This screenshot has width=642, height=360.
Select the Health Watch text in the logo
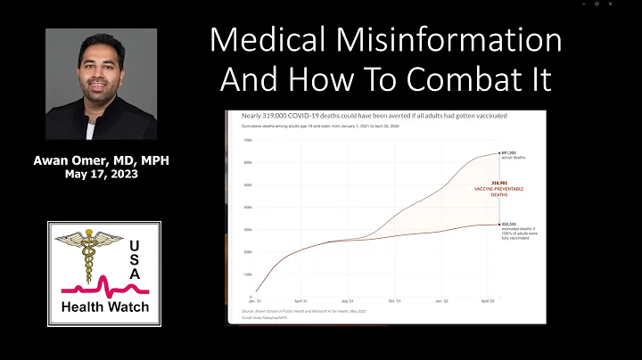click(x=103, y=308)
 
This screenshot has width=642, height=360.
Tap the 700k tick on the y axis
click(x=248, y=141)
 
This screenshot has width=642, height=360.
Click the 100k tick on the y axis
click(x=248, y=277)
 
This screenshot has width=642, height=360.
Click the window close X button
click(x=630, y=4)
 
